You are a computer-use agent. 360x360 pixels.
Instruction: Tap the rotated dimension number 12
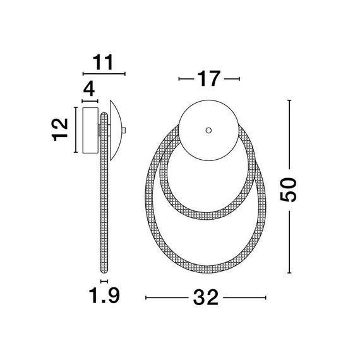pyautogui.click(x=61, y=129)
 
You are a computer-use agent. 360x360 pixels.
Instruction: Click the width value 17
pyautogui.click(x=208, y=79)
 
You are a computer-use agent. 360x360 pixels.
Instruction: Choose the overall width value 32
pyautogui.click(x=208, y=297)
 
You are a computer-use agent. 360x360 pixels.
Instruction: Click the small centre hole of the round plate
pyautogui.click(x=208, y=130)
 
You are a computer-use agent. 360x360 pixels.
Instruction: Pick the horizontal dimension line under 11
pyautogui.click(x=104, y=75)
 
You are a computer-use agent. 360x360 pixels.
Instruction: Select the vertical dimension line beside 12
pyautogui.click(x=74, y=130)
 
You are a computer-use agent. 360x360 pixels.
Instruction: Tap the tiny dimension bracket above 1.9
pyautogui.click(x=104, y=280)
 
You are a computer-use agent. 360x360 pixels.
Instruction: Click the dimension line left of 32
pyautogui.click(x=168, y=297)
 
